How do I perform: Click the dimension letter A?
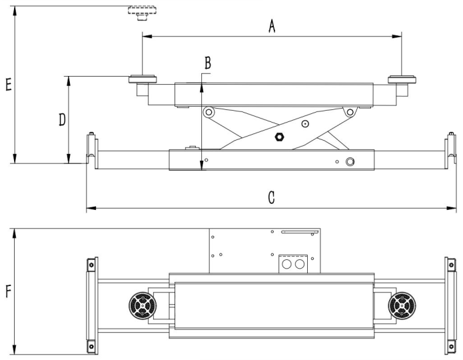(271, 26)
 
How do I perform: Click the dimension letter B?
(208, 63)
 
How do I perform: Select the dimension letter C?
(271, 198)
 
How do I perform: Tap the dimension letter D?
(61, 120)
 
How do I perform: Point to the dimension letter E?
(7, 85)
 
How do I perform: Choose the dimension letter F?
(7, 291)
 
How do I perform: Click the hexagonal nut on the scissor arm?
(280, 137)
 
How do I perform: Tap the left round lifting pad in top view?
(143, 307)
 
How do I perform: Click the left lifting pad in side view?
(143, 81)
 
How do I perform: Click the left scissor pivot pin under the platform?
(209, 113)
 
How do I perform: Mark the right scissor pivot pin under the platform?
(348, 113)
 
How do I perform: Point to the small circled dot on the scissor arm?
(304, 123)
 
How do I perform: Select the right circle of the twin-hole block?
(300, 265)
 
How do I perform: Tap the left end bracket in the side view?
(92, 150)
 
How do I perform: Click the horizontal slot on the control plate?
(297, 232)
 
